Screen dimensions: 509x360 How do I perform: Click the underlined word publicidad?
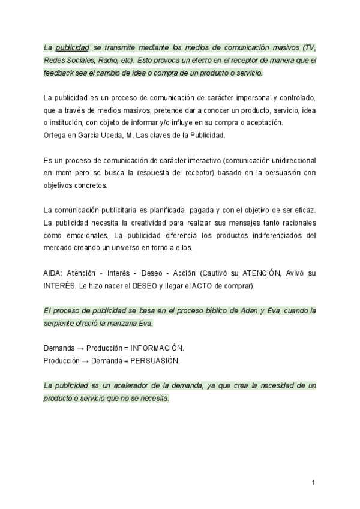[73, 47]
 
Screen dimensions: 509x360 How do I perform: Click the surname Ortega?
[57, 136]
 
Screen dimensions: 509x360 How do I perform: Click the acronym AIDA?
[53, 274]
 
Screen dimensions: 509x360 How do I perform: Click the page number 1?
[314, 483]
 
